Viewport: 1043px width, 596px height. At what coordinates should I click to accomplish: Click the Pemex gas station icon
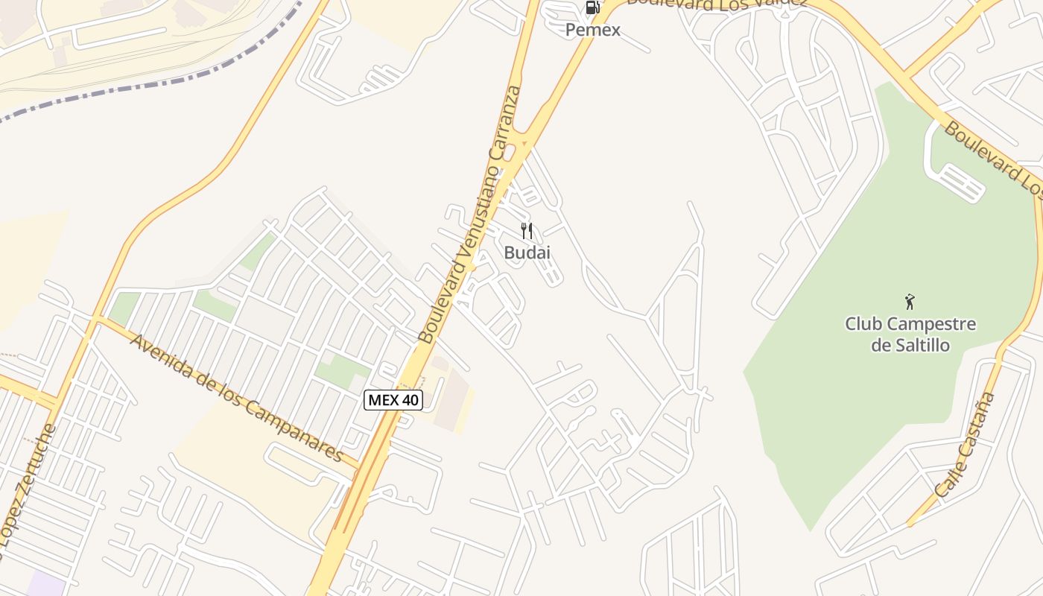click(x=592, y=8)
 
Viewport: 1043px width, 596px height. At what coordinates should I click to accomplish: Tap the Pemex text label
click(x=592, y=30)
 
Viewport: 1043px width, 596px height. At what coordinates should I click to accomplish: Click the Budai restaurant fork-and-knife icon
click(x=527, y=231)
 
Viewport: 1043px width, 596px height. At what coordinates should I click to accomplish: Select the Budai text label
click(x=527, y=253)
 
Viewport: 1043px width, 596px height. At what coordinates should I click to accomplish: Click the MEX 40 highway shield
click(x=393, y=400)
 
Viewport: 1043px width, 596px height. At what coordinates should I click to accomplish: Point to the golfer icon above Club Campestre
click(x=909, y=302)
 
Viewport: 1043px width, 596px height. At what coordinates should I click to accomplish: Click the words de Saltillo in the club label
click(x=910, y=345)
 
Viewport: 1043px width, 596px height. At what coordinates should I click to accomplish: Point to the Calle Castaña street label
click(x=965, y=445)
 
